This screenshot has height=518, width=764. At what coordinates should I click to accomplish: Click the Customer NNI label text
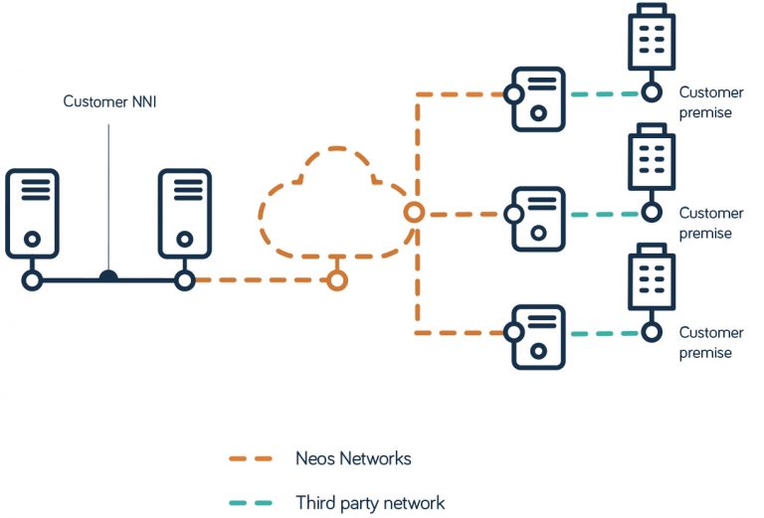[109, 101]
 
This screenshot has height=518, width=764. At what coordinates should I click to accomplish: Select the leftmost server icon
[32, 214]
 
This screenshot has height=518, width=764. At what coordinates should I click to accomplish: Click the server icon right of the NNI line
[184, 214]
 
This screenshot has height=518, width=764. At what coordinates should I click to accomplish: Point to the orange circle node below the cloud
[337, 280]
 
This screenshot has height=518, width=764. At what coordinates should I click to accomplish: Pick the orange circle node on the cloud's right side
[414, 213]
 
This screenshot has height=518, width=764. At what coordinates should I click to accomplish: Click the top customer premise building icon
[652, 38]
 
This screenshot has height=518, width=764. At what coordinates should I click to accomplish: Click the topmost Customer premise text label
[710, 102]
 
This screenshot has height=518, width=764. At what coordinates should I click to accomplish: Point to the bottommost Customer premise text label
[710, 343]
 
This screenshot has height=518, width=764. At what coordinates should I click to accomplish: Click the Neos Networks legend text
[353, 458]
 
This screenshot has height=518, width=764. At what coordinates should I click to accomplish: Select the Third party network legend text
[370, 502]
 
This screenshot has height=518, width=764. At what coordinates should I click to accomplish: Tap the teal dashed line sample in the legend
[252, 502]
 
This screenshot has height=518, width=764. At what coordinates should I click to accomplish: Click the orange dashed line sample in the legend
[252, 458]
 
